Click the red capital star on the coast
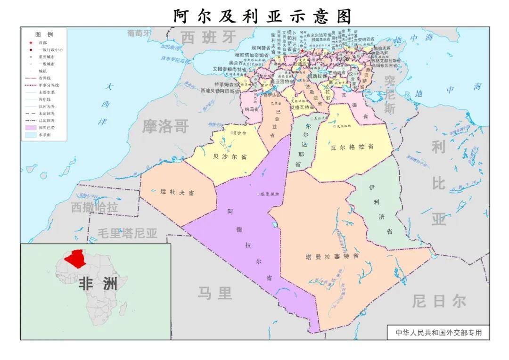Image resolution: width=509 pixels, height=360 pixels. click(x=302, y=51)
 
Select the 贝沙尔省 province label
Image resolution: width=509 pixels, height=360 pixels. click(x=230, y=157)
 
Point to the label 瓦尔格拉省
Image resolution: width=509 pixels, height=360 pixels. click(x=352, y=147)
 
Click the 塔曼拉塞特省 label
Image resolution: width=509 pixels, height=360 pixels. click(x=332, y=256)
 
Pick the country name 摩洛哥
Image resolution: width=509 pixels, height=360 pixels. click(x=166, y=126)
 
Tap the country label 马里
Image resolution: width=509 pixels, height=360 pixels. click(x=215, y=294)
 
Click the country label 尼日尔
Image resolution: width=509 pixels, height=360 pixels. click(x=439, y=301)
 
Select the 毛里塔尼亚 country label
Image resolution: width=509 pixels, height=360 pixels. click(x=127, y=233)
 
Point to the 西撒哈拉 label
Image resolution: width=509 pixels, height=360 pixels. click(x=95, y=207)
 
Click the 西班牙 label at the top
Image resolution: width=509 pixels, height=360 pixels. click(x=208, y=37)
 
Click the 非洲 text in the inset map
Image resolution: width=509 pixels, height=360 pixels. click(x=98, y=284)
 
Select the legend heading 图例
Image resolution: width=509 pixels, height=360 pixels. click(x=44, y=34)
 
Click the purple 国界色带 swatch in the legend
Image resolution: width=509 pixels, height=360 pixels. click(x=31, y=127)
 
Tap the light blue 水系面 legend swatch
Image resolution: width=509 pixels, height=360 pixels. click(x=31, y=134)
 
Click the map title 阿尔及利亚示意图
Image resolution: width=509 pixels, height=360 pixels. click(x=262, y=16)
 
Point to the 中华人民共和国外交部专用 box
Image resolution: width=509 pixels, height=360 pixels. click(x=438, y=332)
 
